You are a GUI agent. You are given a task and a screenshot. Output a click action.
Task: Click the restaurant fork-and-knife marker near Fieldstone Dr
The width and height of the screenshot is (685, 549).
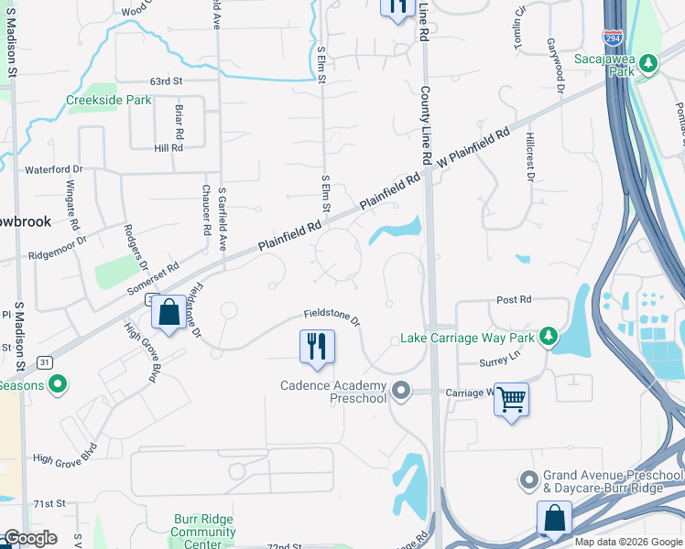click(x=317, y=348)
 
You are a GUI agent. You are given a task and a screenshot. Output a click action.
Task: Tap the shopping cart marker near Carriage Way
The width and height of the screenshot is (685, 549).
click(x=511, y=399)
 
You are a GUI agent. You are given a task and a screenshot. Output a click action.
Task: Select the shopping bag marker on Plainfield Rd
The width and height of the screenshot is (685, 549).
click(x=169, y=313)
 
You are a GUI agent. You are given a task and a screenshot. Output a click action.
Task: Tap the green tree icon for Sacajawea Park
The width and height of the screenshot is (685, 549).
click(x=648, y=63)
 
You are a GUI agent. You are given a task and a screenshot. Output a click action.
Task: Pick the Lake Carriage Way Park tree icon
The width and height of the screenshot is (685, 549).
click(x=549, y=337)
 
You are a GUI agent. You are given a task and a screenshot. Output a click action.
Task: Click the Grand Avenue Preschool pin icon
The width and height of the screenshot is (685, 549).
click(x=528, y=479)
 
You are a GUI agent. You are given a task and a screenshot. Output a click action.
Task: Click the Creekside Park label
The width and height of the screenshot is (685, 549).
click(x=108, y=101)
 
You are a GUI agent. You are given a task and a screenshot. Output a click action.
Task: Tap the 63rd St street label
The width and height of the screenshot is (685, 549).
click(x=166, y=81)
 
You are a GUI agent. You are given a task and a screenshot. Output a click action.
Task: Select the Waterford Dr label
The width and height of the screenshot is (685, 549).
click(x=53, y=169)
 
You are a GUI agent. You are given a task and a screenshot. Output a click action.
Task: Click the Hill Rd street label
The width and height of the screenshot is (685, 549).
click(x=169, y=148)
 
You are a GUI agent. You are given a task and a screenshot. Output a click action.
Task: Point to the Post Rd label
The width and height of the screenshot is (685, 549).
click(x=513, y=299)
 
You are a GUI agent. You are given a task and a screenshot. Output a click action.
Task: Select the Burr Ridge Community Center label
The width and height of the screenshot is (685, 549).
click(x=203, y=532)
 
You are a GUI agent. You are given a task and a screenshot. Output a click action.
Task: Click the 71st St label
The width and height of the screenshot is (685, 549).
click(x=50, y=504)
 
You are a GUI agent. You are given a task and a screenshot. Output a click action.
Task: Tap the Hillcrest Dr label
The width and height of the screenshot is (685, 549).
click(x=529, y=156)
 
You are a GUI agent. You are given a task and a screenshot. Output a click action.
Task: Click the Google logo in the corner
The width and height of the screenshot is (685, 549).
click(x=30, y=538)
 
